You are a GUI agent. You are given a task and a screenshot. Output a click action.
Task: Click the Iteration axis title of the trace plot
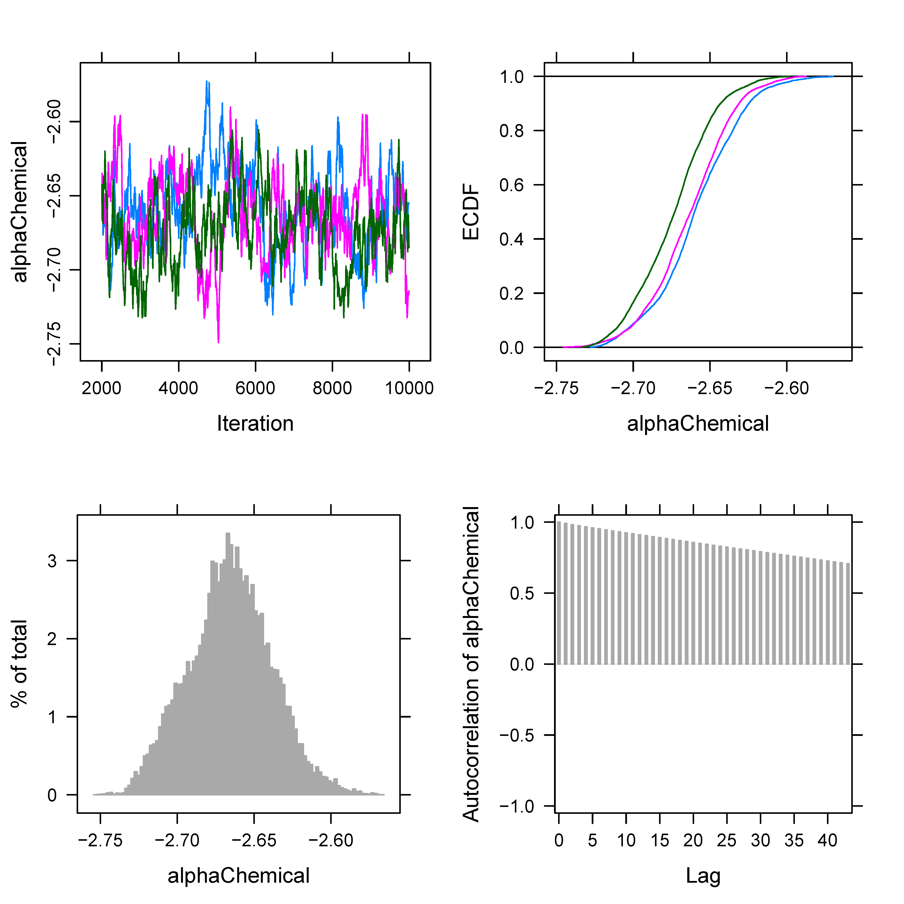point(255,423)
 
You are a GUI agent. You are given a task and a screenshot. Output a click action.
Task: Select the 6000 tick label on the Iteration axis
point(255,388)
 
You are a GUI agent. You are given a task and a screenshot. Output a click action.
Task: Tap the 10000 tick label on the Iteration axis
point(409,388)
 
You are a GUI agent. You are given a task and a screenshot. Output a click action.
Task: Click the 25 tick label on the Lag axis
point(727,841)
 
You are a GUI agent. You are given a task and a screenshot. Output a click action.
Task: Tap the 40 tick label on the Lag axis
point(827,841)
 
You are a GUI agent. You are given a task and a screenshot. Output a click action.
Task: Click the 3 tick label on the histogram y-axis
point(52,561)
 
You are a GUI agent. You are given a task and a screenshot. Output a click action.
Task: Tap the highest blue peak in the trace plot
point(207,82)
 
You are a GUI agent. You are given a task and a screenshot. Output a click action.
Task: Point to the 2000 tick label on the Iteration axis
point(102,388)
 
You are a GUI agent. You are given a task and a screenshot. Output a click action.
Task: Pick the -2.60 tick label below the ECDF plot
point(786,388)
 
